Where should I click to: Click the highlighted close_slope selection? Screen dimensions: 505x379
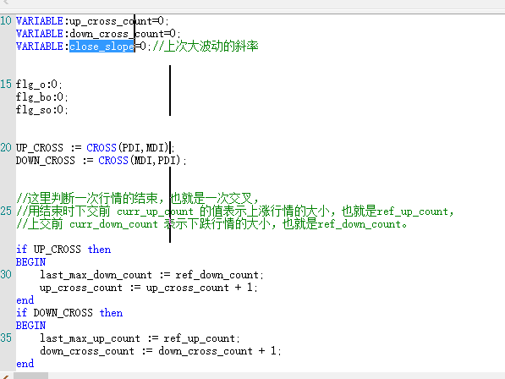[102, 47]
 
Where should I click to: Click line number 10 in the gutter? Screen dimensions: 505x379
[6, 21]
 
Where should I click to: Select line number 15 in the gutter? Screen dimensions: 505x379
[6, 85]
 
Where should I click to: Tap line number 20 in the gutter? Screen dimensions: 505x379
[6, 148]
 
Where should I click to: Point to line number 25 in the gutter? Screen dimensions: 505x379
[6, 211]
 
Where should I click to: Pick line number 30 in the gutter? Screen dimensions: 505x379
[6, 275]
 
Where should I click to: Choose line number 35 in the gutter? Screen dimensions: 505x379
[6, 338]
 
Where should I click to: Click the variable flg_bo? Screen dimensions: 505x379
[34, 97]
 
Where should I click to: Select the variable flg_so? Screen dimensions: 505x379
[34, 110]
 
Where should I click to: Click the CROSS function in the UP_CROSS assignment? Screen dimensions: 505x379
[102, 148]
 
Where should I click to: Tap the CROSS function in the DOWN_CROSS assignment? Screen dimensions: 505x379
[113, 161]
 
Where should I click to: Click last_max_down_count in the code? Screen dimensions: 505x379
[96, 275]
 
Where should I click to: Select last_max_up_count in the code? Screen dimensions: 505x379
[90, 338]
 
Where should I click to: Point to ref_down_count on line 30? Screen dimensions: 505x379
[217, 275]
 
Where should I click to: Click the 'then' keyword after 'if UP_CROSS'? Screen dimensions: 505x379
[99, 250]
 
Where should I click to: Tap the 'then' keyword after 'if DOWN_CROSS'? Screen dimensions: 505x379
[111, 313]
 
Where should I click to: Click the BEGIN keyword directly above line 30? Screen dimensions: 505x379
[31, 262]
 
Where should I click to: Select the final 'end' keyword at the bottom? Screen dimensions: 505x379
[25, 364]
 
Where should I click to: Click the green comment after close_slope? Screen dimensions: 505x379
[206, 47]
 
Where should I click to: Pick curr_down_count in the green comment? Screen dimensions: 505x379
[113, 224]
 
